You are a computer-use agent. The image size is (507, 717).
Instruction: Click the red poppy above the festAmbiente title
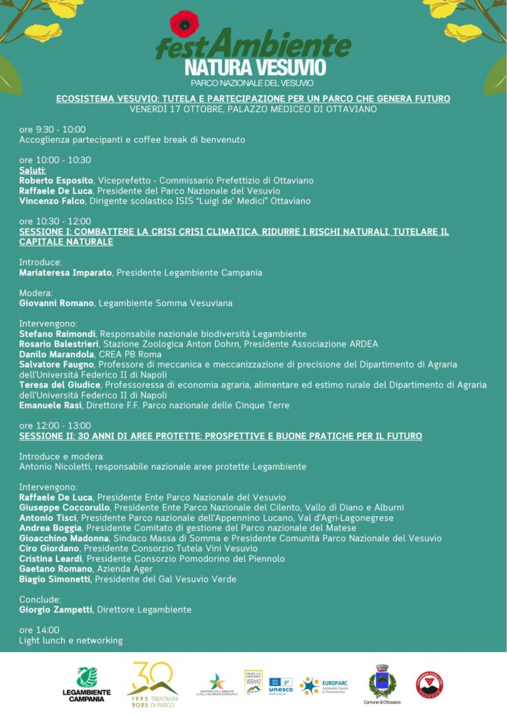pos(184,23)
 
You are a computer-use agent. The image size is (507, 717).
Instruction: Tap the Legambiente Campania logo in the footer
pos(87,683)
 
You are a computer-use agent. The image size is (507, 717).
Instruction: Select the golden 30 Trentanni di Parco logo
pos(152,683)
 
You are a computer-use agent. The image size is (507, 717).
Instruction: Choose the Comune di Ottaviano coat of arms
pos(382,683)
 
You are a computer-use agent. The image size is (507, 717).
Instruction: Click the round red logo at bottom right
pos(429,684)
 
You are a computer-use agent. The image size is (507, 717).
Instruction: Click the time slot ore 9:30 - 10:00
pos(53,129)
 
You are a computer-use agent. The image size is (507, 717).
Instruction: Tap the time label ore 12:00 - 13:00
pos(55,426)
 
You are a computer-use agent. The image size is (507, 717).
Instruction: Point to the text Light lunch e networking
pos(71,640)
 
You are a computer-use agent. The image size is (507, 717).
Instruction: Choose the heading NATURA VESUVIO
pos(255,67)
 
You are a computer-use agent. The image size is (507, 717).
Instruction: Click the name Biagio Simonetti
pos(55,579)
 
